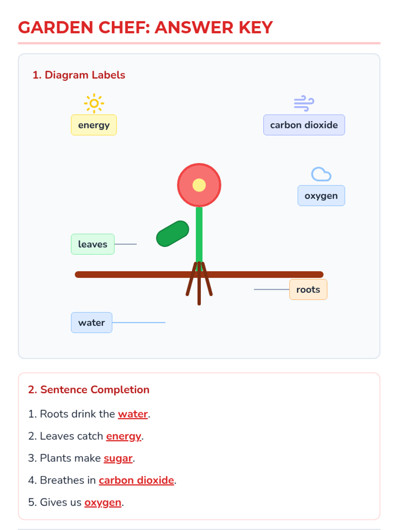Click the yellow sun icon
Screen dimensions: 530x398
point(94,103)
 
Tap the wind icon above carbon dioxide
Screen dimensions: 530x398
point(304,103)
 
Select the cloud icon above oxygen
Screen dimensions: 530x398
point(321,174)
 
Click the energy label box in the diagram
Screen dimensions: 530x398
point(94,125)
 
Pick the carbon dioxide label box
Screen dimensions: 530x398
point(304,125)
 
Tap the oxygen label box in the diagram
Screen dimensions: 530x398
point(321,196)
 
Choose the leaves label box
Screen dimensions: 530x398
point(93,244)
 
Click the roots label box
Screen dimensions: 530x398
point(308,290)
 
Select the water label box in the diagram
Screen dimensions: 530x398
point(92,323)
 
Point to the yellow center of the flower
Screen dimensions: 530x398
point(199,185)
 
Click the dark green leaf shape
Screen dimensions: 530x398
point(172,234)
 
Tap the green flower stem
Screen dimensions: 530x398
point(199,234)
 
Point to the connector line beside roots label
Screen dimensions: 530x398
point(271,290)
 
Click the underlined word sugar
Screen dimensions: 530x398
point(118,458)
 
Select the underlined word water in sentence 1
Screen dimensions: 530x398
point(133,414)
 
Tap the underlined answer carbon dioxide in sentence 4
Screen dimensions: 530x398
point(136,480)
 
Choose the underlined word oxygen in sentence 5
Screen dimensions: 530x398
point(103,503)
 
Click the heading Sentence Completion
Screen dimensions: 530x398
point(95,390)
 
